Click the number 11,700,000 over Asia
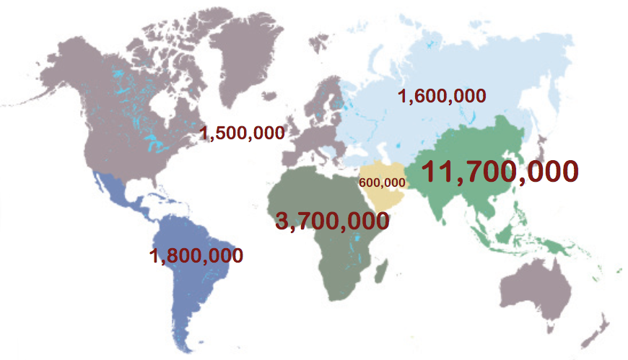click(x=499, y=172)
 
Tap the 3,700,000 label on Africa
click(x=332, y=221)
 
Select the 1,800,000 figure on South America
click(x=196, y=255)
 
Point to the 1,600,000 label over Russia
click(x=442, y=96)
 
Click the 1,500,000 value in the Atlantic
click(x=242, y=133)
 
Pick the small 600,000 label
click(x=382, y=183)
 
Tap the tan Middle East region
click(x=386, y=195)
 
